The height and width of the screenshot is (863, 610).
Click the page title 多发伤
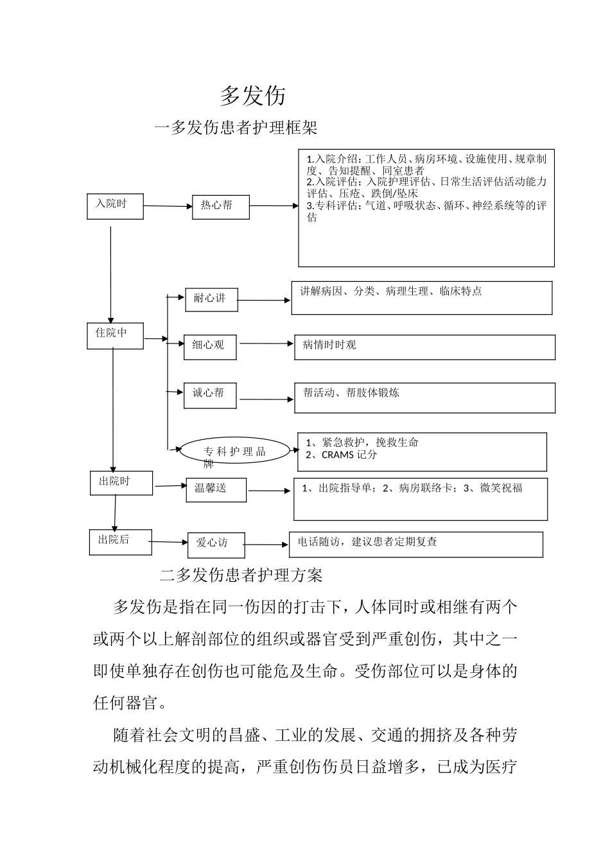point(252,96)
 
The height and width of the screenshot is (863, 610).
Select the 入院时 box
point(115,206)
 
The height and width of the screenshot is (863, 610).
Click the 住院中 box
point(115,336)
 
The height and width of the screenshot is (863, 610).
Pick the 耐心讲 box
point(211,300)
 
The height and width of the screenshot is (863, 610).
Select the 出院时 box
point(121,483)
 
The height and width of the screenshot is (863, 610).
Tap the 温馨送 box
point(215,490)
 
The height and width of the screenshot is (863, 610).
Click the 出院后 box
point(120,541)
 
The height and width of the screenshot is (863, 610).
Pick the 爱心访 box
point(214,544)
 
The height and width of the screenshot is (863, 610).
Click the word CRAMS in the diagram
point(338,455)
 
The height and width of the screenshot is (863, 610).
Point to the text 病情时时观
point(329,345)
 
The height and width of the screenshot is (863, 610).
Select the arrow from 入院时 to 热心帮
point(168,206)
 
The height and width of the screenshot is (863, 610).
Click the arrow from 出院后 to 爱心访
point(169,543)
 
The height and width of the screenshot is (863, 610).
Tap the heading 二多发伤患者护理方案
point(241,575)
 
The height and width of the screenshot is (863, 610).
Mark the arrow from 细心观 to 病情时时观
point(266,344)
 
